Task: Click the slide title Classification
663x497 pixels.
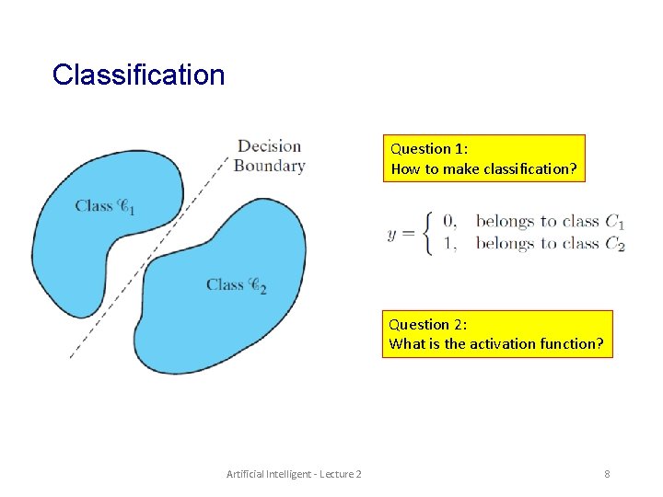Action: click(x=138, y=75)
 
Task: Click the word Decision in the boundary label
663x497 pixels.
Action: click(x=269, y=146)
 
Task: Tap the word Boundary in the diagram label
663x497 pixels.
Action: click(x=269, y=166)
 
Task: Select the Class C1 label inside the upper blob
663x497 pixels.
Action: click(x=105, y=207)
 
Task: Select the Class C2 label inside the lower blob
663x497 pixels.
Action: click(x=237, y=285)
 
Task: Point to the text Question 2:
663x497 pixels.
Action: click(x=427, y=324)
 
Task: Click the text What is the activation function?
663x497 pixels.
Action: click(x=496, y=343)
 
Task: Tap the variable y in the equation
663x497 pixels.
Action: click(x=392, y=233)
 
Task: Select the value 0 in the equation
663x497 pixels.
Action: click(x=449, y=221)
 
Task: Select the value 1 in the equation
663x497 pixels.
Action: click(x=449, y=244)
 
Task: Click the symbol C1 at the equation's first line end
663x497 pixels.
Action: click(x=615, y=222)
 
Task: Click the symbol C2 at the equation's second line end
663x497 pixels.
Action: click(x=615, y=245)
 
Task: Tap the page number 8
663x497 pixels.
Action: click(x=607, y=473)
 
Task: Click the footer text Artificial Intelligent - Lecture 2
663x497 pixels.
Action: click(x=294, y=473)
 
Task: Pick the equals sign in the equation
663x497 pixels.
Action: click(x=408, y=233)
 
